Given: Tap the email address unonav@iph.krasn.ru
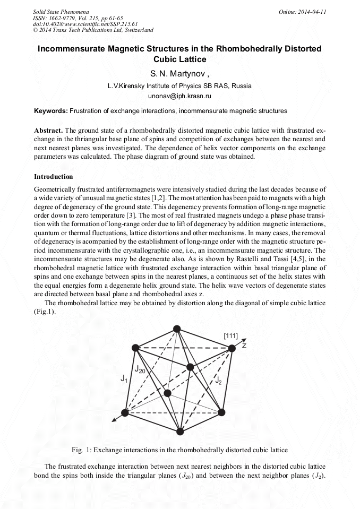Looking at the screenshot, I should click(x=179, y=97).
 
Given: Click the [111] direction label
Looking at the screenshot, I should click(x=230, y=335).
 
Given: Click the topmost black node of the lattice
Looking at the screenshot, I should click(x=176, y=330).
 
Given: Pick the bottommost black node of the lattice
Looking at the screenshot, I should click(x=180, y=430).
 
